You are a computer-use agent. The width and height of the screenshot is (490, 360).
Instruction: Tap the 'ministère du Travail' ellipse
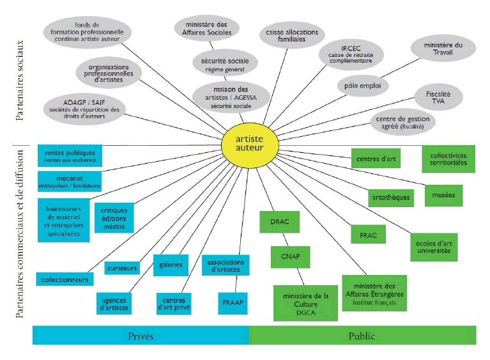[443, 49]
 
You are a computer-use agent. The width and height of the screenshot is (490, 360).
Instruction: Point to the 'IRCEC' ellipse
[349, 51]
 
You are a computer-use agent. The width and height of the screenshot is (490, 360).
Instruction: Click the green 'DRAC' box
[279, 221]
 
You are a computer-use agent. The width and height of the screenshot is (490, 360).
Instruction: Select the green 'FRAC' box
[368, 235]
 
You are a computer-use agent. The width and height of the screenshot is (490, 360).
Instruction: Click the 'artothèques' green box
[390, 198]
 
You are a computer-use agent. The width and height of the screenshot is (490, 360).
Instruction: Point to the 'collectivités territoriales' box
[448, 159]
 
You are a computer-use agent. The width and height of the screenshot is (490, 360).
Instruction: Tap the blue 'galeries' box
[171, 264]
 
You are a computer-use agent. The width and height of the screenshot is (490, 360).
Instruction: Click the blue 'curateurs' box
[122, 269]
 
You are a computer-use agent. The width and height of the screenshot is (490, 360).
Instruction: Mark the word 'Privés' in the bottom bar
[141, 336]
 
